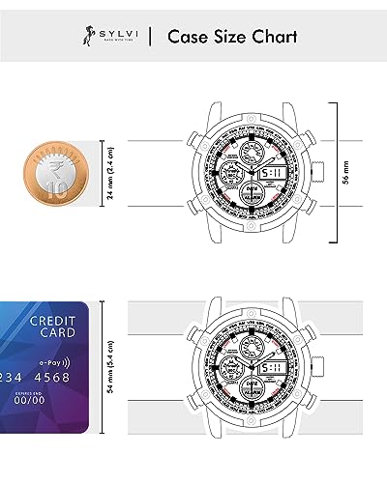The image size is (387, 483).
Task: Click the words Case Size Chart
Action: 232,38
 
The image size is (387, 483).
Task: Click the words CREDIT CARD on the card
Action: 48,327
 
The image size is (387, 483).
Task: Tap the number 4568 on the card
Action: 52,377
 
